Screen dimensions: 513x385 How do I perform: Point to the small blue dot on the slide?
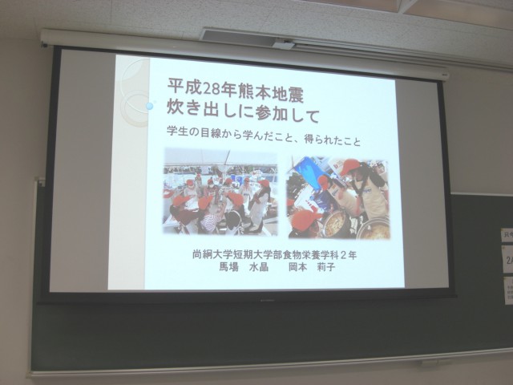(x=149, y=106)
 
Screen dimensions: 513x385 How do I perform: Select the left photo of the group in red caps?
(x=220, y=191)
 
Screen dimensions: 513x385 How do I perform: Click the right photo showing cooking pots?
(x=338, y=198)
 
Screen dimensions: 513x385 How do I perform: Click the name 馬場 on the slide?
(x=228, y=267)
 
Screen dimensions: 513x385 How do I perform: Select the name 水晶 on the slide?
(x=259, y=267)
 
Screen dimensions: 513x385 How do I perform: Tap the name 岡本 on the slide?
(x=297, y=267)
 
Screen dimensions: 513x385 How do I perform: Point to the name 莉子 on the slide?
(x=326, y=267)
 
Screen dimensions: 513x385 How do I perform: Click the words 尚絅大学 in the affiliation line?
(x=209, y=254)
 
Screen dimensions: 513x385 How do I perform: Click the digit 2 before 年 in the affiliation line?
(x=343, y=255)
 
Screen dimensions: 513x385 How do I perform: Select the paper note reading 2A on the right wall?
(x=509, y=261)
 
